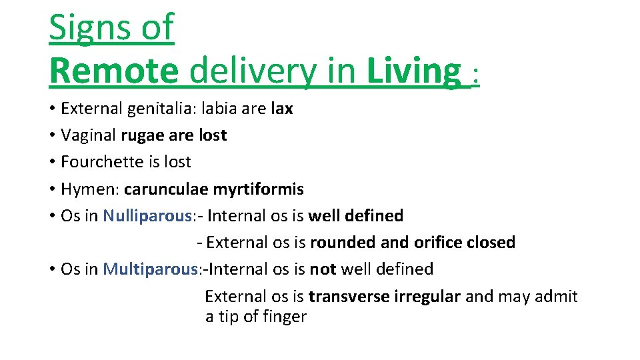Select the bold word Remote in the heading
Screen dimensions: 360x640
pos(113,71)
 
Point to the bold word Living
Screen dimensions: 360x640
pos(413,71)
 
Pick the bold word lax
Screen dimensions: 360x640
pos(282,108)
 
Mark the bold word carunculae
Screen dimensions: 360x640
pos(166,189)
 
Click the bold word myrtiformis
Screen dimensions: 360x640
pos(258,189)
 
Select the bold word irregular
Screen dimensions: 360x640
pos(427,296)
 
